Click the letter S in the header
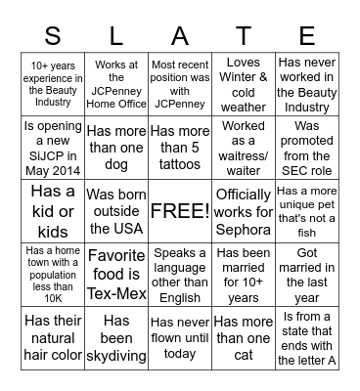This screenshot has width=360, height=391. [x=52, y=36]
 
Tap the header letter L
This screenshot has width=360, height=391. [x=116, y=36]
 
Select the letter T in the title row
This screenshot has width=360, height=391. [x=243, y=36]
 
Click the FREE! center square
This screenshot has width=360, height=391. [x=179, y=210]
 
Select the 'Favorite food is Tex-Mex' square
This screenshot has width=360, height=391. [x=116, y=274]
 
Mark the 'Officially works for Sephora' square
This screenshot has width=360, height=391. [x=243, y=210]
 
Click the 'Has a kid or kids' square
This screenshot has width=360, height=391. [x=53, y=210]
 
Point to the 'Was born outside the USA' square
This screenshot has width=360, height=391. [x=116, y=210]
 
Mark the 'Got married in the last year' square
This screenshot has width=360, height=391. [x=306, y=274]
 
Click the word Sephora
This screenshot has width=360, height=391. [x=243, y=231]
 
